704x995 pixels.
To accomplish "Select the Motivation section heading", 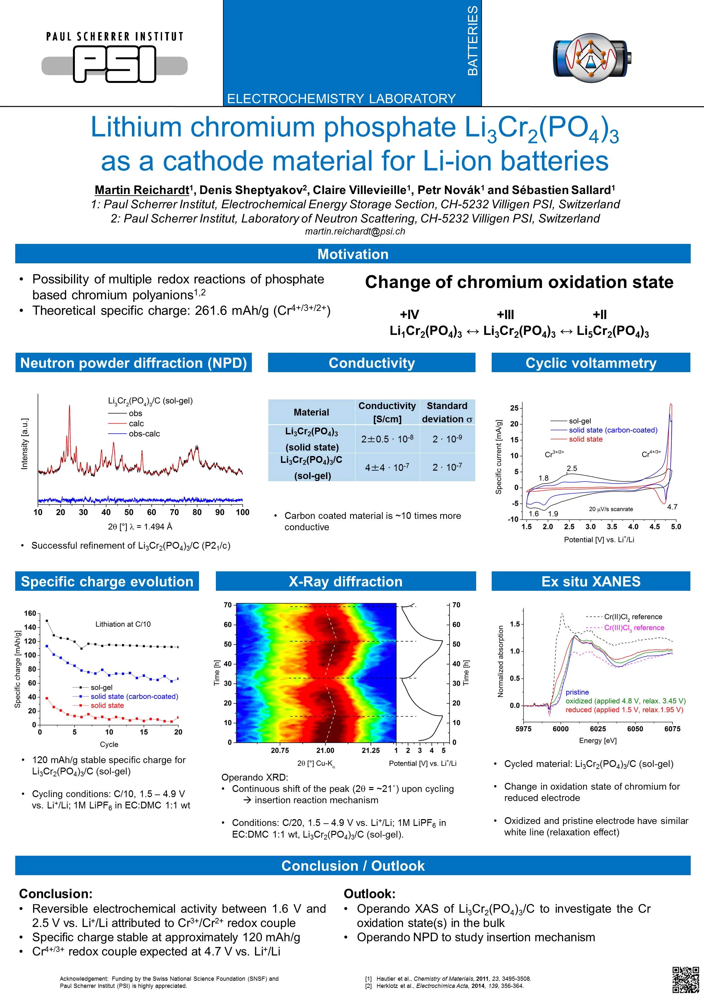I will (x=353, y=254).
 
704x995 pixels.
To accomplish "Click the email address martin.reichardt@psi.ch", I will (x=355, y=231).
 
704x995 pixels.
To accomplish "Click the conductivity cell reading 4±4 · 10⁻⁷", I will (x=387, y=467).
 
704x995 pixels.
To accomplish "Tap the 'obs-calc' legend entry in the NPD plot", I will (x=144, y=434).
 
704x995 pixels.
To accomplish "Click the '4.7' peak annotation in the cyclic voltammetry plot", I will (x=672, y=507).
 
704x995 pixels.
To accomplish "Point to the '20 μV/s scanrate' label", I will (x=611, y=509).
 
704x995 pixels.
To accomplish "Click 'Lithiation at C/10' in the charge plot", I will (x=123, y=624).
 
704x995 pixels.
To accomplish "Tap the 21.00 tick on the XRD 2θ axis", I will (x=325, y=750).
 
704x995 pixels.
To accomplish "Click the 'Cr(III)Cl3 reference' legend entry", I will (x=634, y=627).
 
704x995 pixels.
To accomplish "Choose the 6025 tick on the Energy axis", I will (x=598, y=728).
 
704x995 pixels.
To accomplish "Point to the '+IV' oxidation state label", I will (x=409, y=314).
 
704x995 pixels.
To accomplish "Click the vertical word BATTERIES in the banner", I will (x=473, y=41).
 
